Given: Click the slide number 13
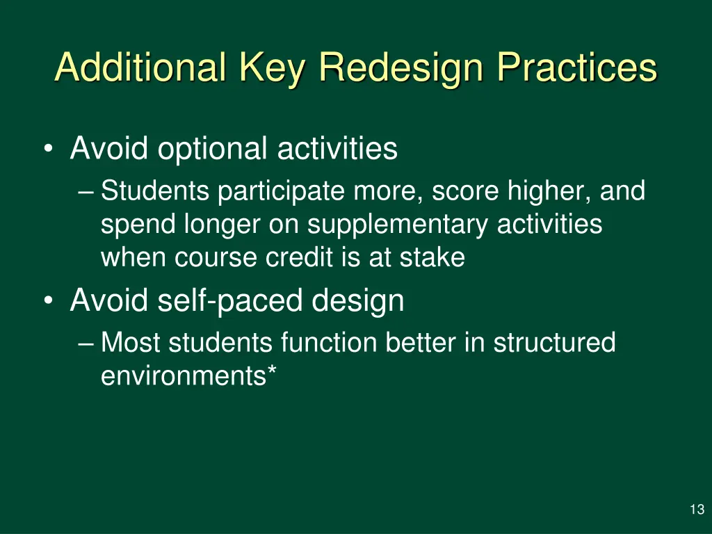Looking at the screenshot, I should coord(697,510).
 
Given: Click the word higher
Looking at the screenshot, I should coord(549,191).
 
